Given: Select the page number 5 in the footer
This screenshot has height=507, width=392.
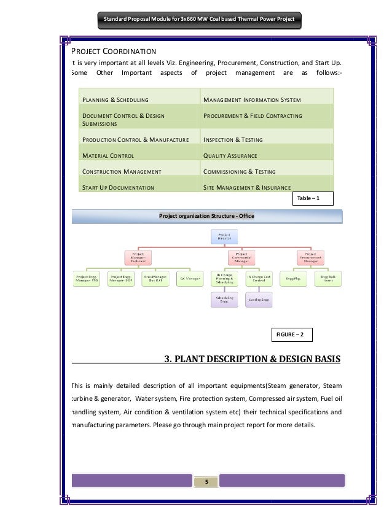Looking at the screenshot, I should click(x=206, y=481).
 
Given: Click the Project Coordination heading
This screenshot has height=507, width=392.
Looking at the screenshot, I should click(x=114, y=51).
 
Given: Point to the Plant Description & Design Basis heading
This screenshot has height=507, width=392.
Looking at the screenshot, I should click(x=251, y=359).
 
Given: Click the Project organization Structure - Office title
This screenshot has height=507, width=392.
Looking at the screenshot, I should click(x=206, y=216).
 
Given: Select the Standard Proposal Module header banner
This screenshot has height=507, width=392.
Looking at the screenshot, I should click(x=198, y=20).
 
